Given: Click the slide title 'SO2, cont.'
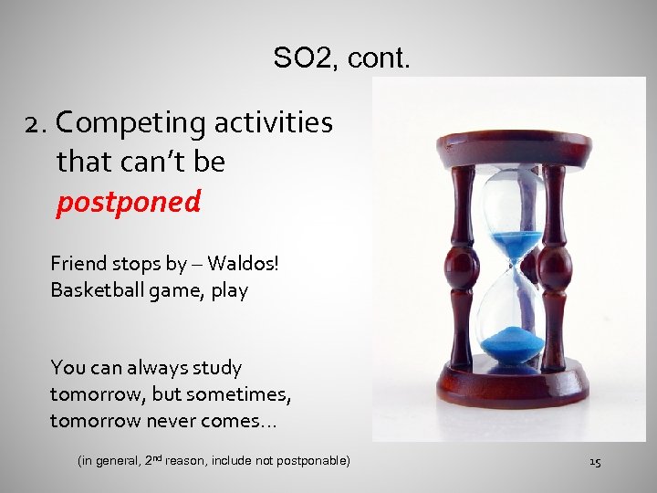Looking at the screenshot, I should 341,59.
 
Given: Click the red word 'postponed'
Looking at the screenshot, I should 129,202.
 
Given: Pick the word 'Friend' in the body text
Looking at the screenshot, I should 78,264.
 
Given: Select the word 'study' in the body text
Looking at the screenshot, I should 218,368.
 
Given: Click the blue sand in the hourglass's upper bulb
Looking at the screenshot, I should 516,244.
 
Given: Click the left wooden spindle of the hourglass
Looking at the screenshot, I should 463,265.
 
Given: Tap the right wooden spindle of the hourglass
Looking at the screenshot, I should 554,265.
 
